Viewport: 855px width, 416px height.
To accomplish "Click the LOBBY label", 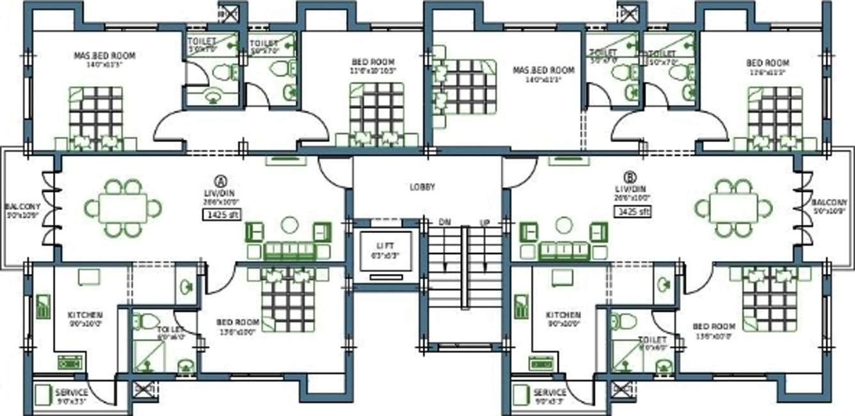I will [x=422, y=188].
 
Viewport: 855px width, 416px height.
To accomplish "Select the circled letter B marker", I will [x=631, y=177].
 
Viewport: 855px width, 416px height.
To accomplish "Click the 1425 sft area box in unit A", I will [x=221, y=215].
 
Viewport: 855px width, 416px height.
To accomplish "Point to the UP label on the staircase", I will [x=484, y=222].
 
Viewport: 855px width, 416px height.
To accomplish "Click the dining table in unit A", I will [x=123, y=208].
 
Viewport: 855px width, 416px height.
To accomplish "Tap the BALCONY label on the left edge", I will [x=23, y=207].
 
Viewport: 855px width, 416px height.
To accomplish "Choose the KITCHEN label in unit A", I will [x=85, y=315].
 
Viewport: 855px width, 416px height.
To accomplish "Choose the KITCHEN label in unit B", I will [x=563, y=315].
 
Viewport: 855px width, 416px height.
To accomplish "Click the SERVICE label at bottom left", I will [x=72, y=392].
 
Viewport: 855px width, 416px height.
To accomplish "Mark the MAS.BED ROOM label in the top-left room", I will [x=104, y=56].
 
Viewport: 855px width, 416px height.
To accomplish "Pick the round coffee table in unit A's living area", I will [x=290, y=225].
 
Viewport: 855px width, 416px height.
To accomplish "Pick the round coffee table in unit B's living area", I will [x=564, y=225].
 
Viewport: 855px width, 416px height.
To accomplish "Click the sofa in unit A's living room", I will [x=290, y=250].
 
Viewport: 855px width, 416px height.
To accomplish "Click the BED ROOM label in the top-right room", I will [x=767, y=63].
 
